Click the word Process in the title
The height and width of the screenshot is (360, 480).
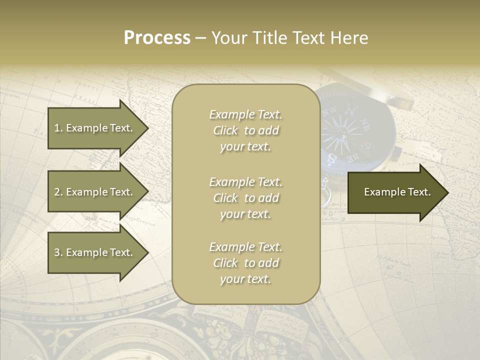(157, 38)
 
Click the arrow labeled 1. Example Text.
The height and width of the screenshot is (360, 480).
(95, 128)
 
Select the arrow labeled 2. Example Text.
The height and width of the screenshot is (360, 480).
(95, 192)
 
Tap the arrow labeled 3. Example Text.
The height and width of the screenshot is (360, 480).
(95, 252)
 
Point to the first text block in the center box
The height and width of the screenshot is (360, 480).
(245, 130)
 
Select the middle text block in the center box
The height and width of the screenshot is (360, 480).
(245, 198)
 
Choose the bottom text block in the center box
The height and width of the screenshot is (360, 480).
(245, 263)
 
